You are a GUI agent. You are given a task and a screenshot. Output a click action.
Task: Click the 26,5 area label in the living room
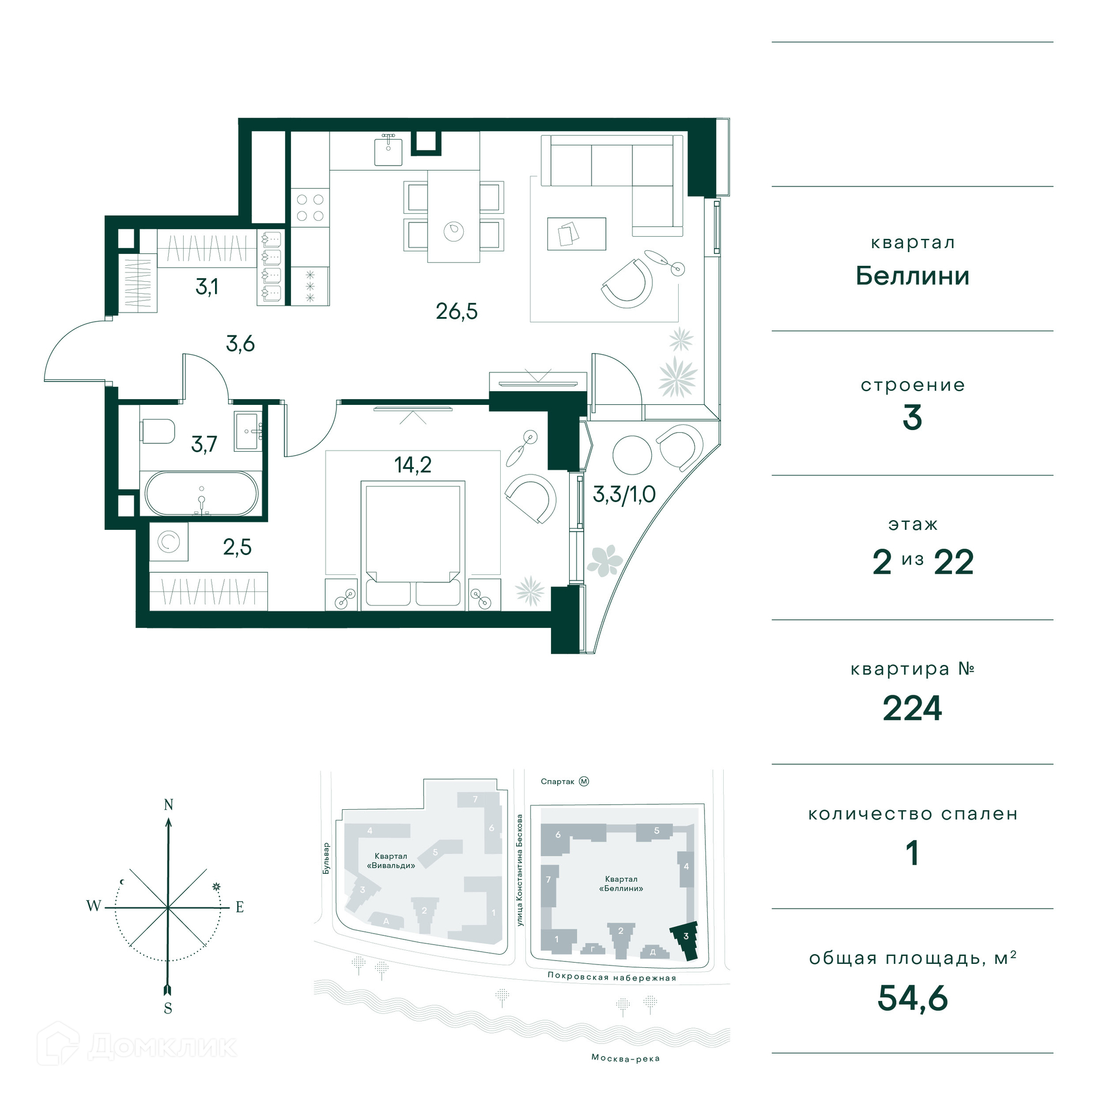(456, 311)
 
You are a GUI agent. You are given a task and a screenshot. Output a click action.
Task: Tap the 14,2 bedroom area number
(412, 465)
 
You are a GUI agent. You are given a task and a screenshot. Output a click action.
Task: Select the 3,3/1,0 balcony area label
(624, 494)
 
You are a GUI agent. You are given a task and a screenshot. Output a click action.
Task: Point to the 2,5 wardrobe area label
(237, 547)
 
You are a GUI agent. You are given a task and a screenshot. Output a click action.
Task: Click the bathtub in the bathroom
(201, 494)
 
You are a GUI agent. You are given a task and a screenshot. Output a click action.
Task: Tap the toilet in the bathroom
(157, 431)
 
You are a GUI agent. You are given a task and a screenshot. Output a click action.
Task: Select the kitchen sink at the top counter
(388, 151)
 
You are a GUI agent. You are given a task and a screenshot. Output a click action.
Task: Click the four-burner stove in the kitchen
(310, 208)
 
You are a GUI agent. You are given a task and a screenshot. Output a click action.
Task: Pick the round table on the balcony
(632, 455)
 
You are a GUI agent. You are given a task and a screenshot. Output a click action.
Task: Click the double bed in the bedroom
(413, 545)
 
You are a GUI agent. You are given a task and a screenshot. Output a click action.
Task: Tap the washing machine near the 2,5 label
(169, 542)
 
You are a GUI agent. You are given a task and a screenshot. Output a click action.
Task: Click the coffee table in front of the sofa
(577, 233)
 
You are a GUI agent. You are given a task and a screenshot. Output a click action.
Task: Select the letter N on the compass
(168, 805)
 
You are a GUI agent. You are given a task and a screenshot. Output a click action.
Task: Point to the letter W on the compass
(94, 906)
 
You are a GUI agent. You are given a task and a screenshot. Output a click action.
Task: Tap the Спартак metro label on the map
(557, 781)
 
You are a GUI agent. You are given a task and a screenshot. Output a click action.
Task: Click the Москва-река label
(626, 1058)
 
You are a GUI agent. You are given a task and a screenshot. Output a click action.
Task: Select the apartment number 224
(912, 708)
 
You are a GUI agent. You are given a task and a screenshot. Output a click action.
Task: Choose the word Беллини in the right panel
(912, 276)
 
